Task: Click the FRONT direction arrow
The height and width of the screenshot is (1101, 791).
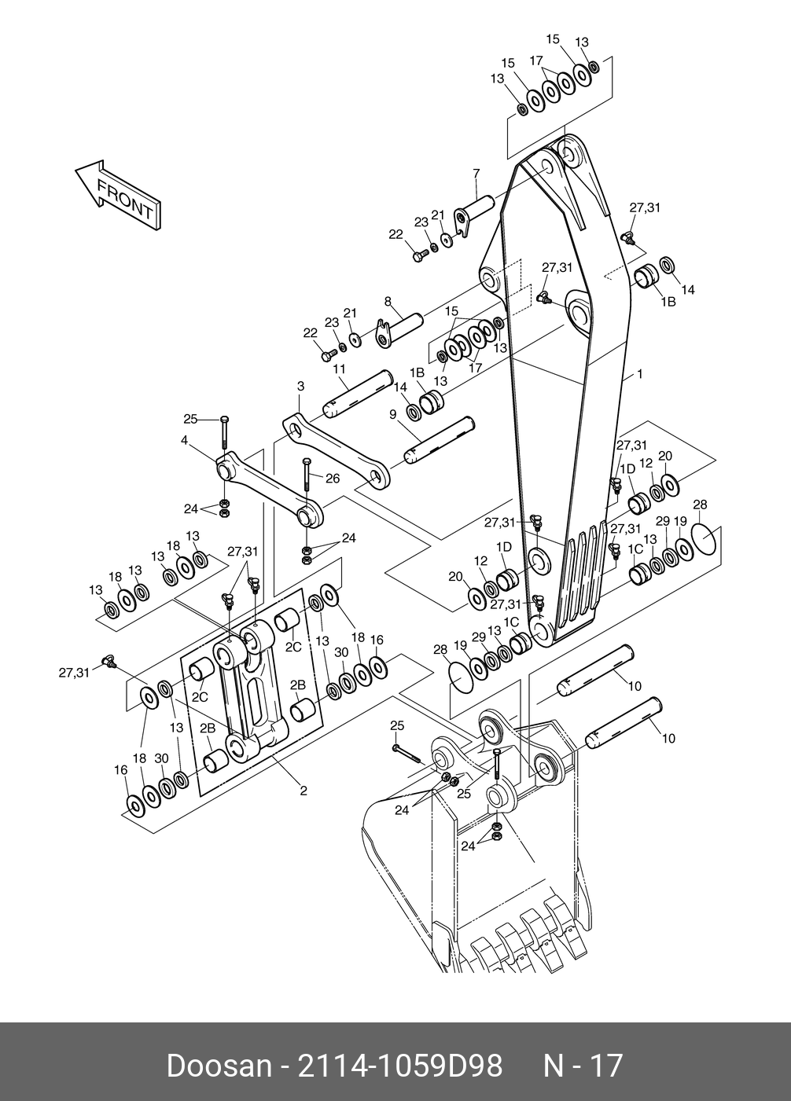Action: pyautogui.click(x=118, y=195)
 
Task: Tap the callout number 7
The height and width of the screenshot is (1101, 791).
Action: pyautogui.click(x=476, y=174)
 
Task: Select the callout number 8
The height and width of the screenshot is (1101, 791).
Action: pyautogui.click(x=388, y=301)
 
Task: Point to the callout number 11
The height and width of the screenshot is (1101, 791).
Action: pyautogui.click(x=340, y=369)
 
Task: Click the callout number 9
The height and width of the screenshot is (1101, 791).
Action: pyautogui.click(x=392, y=415)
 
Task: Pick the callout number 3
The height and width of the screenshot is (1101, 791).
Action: pyautogui.click(x=300, y=387)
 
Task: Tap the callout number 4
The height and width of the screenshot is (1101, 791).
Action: pyautogui.click(x=184, y=440)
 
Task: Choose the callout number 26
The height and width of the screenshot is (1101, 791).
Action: pyautogui.click(x=333, y=479)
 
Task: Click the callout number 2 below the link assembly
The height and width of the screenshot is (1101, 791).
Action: pyautogui.click(x=304, y=791)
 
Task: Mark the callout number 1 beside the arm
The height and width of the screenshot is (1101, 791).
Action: pyautogui.click(x=639, y=375)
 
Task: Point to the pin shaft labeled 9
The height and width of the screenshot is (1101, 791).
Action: pyautogui.click(x=440, y=440)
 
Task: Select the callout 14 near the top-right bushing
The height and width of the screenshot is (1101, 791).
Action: pyautogui.click(x=688, y=290)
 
